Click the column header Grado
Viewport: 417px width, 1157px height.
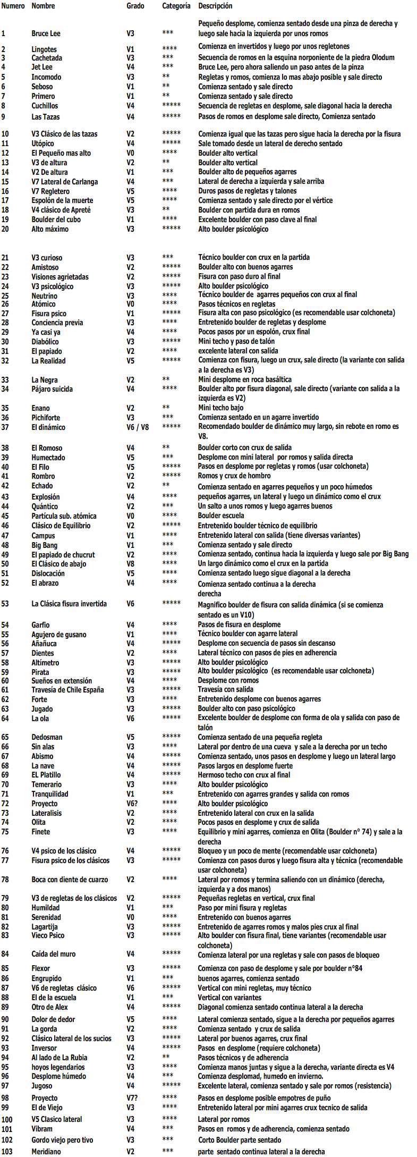tap(135, 6)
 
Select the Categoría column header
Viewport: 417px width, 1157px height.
tap(176, 6)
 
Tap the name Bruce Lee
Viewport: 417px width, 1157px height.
tap(46, 33)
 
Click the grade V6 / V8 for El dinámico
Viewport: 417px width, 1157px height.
tap(138, 427)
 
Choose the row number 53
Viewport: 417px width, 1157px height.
tap(5, 604)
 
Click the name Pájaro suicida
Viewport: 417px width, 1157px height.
tap(52, 389)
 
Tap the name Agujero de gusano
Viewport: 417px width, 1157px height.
tap(58, 635)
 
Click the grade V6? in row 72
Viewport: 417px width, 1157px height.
tap(132, 804)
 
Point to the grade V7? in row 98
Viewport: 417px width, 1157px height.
tap(132, 1098)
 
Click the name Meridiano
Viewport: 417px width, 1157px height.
tap(46, 1152)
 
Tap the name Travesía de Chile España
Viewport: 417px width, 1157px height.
tap(67, 690)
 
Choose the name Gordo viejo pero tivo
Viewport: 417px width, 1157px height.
tap(62, 1140)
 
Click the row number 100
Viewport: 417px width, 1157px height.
tap(7, 1119)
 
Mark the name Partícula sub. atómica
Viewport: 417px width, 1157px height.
tap(64, 516)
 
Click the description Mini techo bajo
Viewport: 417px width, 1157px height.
tap(220, 408)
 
